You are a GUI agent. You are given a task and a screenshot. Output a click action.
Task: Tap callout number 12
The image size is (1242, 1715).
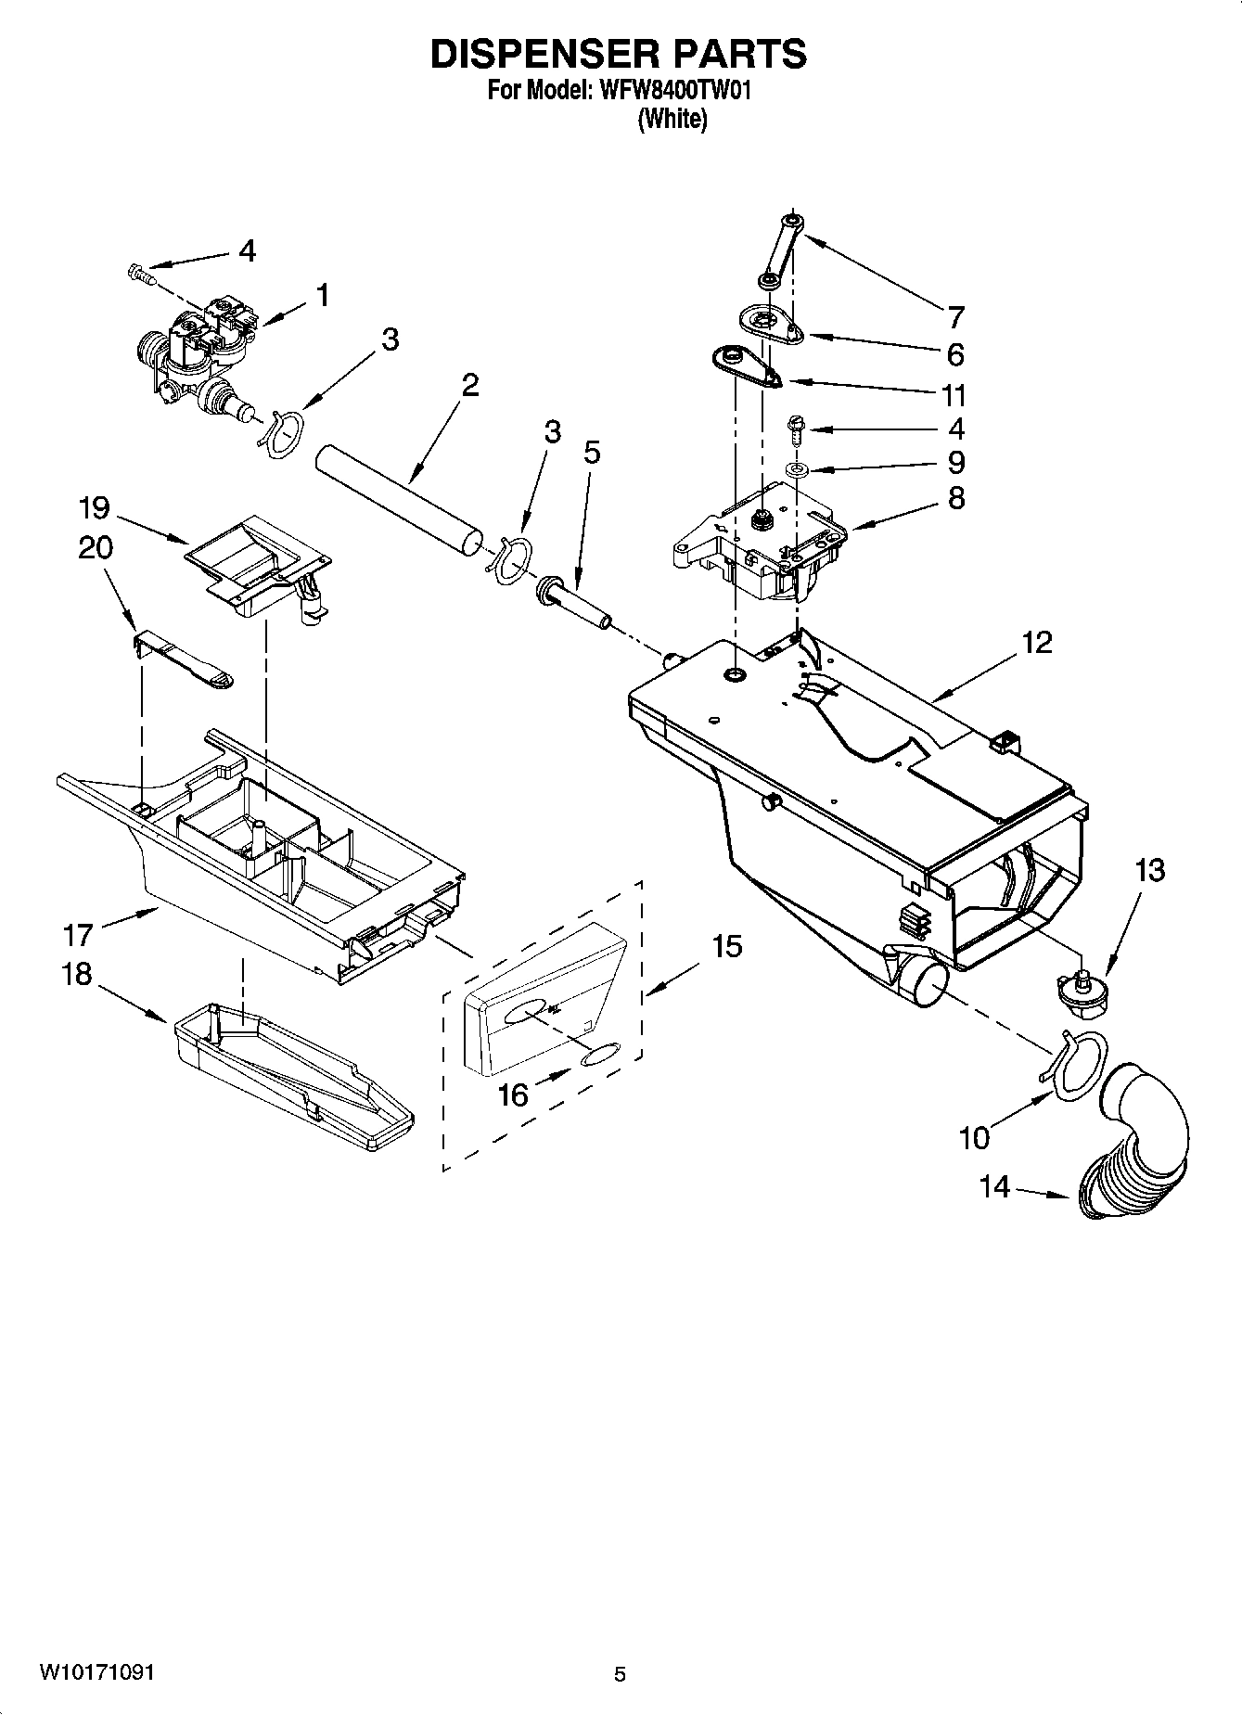coord(1037,642)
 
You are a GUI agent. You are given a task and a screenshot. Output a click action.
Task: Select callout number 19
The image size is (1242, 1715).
coord(95,508)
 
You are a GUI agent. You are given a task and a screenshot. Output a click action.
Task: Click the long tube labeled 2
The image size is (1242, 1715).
coord(399,501)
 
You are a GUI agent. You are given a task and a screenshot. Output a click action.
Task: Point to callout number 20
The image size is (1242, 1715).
coord(95,548)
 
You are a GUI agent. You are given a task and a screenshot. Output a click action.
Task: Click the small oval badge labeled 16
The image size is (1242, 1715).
coord(599,1056)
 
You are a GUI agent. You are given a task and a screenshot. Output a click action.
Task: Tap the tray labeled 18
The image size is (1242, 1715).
coord(292,1067)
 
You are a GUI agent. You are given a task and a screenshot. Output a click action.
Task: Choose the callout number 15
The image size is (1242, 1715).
coord(727,946)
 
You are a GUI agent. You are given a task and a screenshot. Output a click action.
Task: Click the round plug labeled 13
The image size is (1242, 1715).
coord(1080,987)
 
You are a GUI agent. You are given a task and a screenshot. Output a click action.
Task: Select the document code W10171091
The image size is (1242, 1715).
coord(96,1672)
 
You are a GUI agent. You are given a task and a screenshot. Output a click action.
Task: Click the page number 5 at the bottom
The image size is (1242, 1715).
coord(620,1673)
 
